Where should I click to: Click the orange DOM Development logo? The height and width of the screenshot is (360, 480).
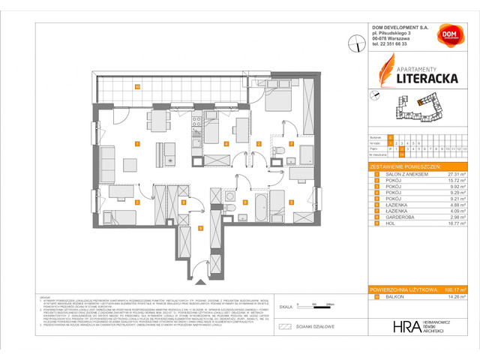[x=450, y=35]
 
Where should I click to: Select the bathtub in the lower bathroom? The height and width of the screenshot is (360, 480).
[x=260, y=204]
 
